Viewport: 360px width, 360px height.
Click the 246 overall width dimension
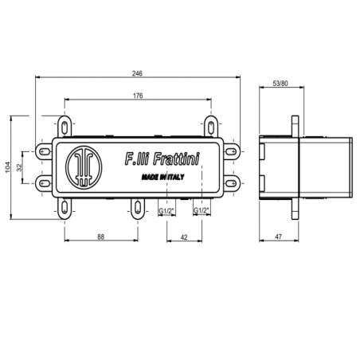click(139, 72)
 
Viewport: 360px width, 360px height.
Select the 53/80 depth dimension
click(280, 82)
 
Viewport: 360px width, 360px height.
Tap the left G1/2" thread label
click(166, 211)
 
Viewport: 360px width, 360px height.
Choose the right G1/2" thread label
click(202, 211)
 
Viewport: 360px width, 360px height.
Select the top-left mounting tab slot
click(63, 125)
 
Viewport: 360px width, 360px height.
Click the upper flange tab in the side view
click(296, 127)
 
